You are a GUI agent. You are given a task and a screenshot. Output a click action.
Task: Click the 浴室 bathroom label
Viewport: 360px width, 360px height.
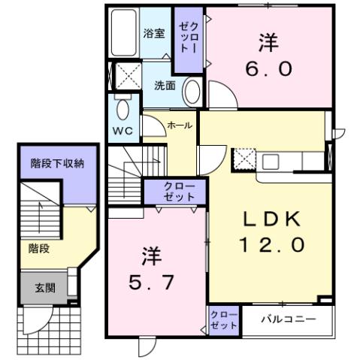pos(153,34)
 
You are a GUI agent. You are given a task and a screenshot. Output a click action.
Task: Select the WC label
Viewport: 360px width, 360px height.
pos(122,130)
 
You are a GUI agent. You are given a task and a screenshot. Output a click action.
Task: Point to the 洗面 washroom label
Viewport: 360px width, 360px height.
pos(165,86)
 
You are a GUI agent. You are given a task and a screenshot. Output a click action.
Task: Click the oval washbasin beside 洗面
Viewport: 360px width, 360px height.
pos(192,94)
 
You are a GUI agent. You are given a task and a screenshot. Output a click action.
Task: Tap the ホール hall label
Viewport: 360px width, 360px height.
pos(179,125)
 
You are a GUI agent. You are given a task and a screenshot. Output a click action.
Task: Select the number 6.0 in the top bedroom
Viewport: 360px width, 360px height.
pos(267,66)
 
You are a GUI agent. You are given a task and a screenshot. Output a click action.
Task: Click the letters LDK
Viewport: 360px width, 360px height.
pos(270,219)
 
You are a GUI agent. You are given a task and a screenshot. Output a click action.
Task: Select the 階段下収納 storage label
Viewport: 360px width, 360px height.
pos(57,163)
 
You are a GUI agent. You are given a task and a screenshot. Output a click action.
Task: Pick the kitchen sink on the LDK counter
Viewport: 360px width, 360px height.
pos(271,161)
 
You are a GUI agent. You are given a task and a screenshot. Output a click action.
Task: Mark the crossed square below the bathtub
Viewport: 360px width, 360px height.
pos(121,75)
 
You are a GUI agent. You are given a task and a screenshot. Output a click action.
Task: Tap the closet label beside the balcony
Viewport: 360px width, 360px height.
pos(223,319)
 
